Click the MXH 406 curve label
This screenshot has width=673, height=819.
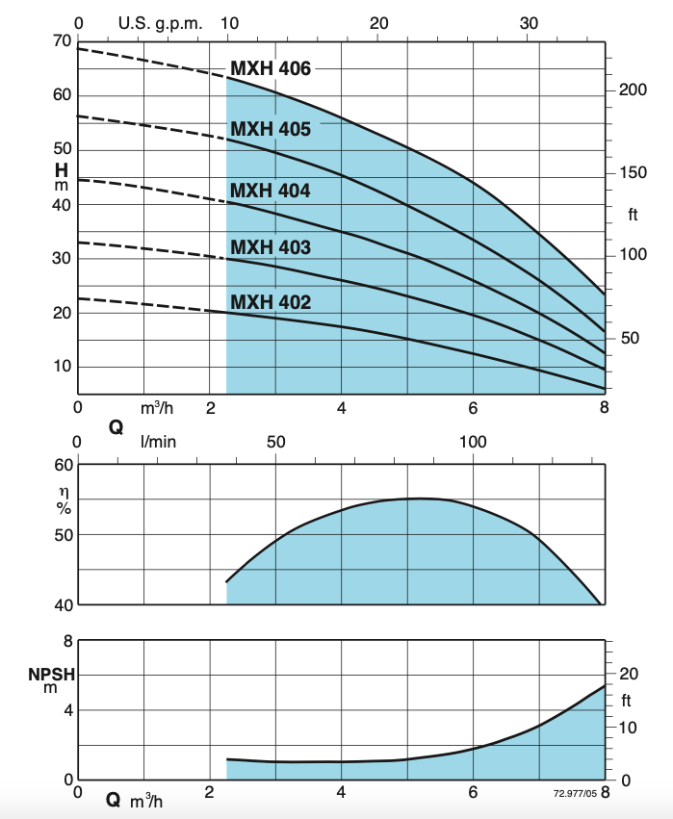271,69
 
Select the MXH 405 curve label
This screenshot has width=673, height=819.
271,129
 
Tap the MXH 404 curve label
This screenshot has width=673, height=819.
271,192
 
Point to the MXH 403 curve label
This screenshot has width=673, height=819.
271,248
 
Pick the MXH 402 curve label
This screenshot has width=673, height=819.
271,302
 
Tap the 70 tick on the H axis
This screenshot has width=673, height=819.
62,41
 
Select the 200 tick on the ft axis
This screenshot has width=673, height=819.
631,90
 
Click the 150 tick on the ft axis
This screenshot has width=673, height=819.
631,173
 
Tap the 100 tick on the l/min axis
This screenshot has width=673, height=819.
473,442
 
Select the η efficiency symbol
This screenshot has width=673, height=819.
64,490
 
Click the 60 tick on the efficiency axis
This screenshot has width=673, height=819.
63,465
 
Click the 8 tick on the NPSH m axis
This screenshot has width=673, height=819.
67,641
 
